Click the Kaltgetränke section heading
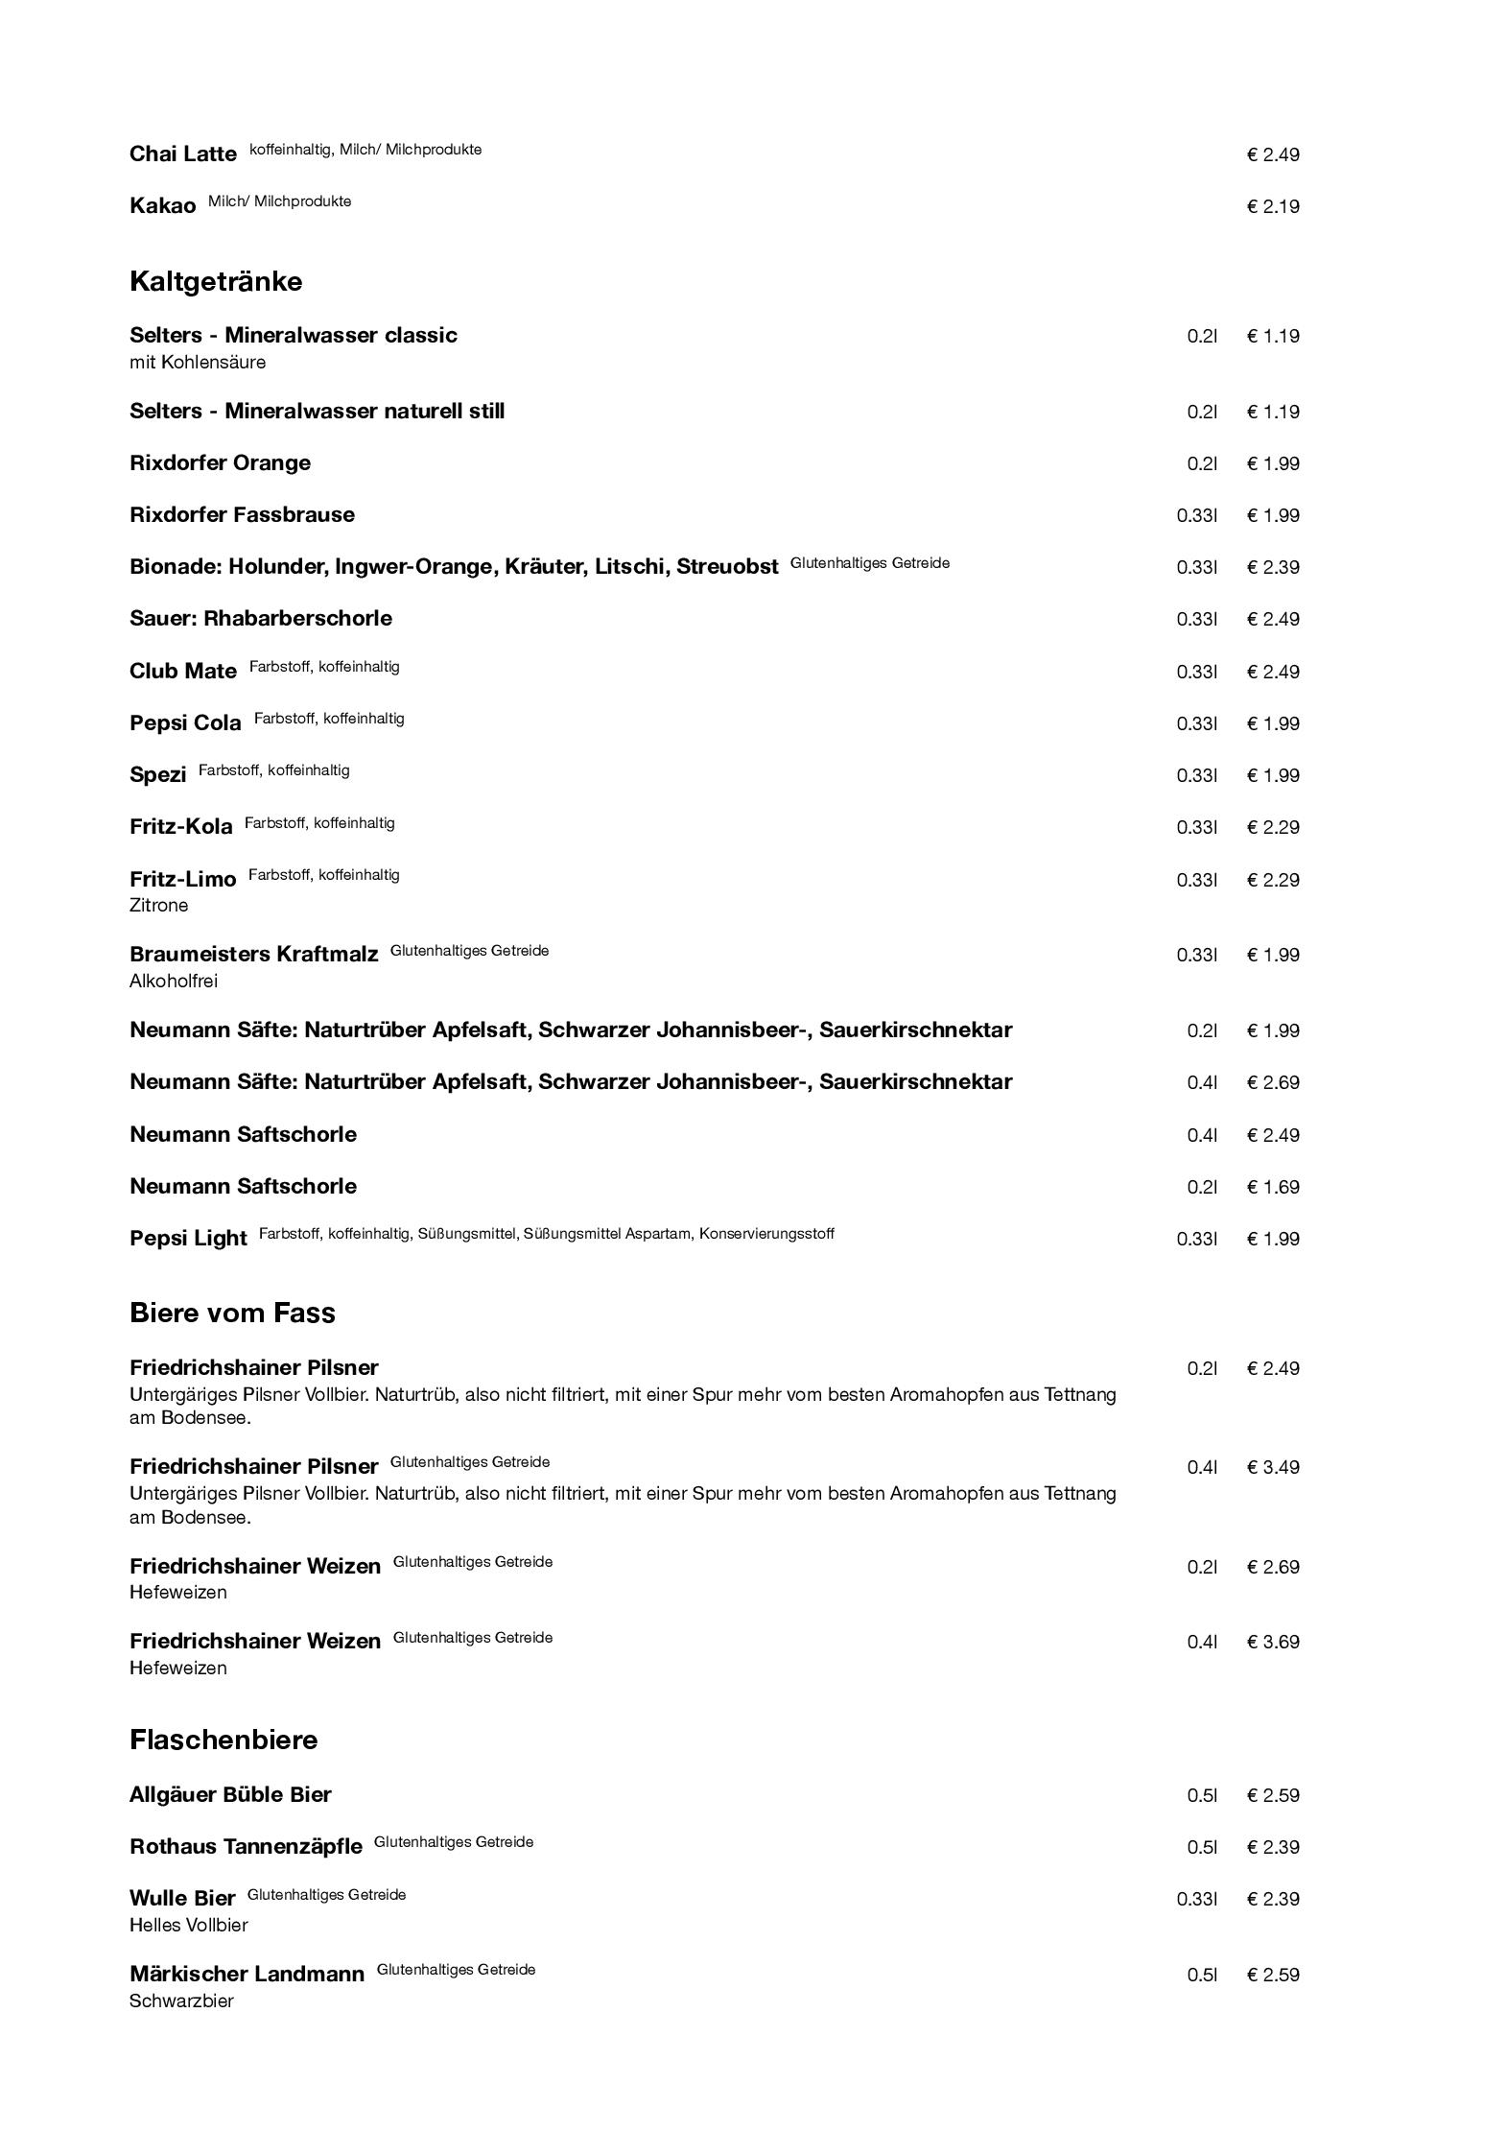click(216, 281)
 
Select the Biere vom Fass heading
click(232, 1313)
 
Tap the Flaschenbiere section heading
click(224, 1740)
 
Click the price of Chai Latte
click(1273, 154)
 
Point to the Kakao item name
click(162, 205)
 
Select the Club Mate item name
click(183, 671)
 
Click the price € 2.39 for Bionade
click(1273, 567)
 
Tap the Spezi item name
click(157, 774)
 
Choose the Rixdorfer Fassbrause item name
click(242, 514)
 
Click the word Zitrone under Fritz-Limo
click(158, 905)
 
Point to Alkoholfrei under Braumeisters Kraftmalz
click(174, 981)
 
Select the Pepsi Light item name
click(188, 1238)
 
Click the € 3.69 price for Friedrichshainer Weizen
click(1273, 1642)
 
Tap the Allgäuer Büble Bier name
click(230, 1794)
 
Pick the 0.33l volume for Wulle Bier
click(1196, 1899)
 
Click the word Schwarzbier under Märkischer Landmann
click(181, 2001)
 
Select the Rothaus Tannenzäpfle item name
click(246, 1847)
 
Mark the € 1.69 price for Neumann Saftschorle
click(1273, 1187)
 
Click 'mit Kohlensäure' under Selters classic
click(198, 362)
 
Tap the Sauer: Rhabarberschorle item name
click(261, 618)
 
